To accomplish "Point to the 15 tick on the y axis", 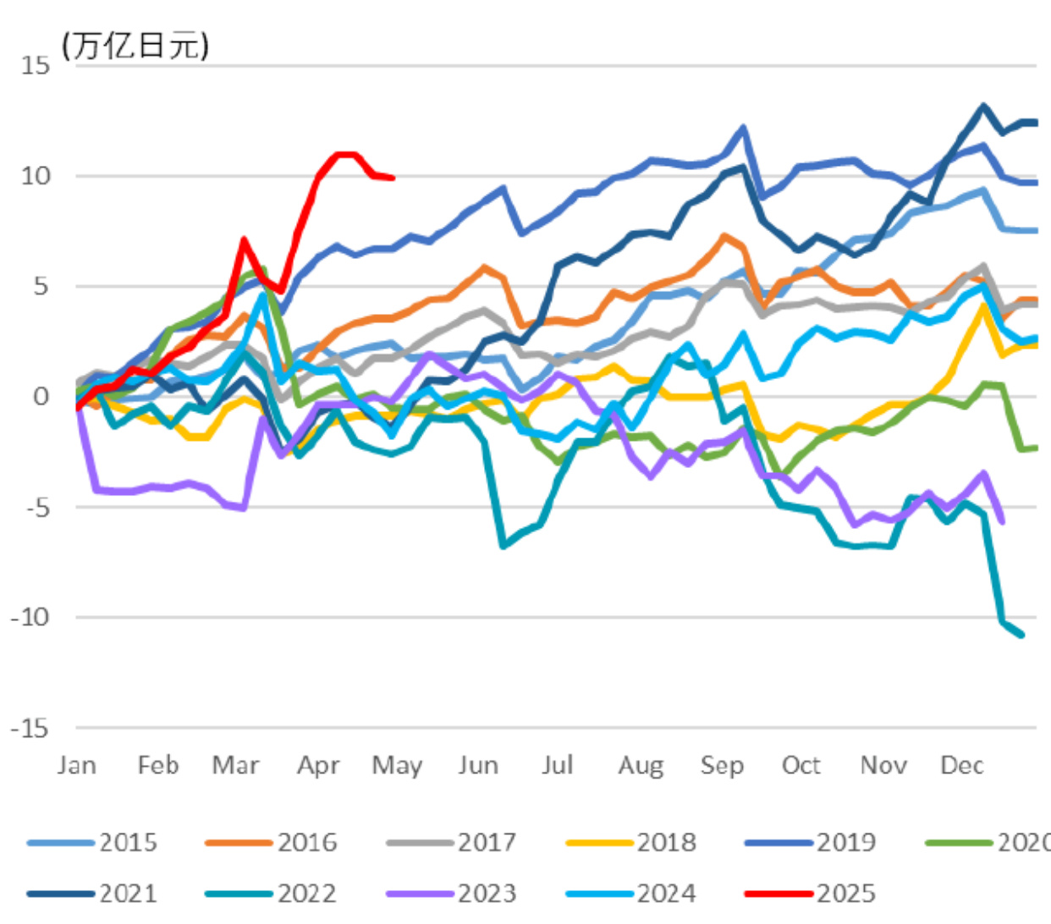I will coord(36,65).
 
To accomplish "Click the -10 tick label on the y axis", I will coord(30,617).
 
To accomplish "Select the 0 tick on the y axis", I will coord(41,396).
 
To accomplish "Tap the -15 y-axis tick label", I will coord(30,728).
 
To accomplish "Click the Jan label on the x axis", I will coord(76,765).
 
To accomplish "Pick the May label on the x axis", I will coord(397,765).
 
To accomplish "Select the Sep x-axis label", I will coord(722,765).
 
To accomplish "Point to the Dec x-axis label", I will coord(962,765).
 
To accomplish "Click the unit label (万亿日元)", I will coord(135,45).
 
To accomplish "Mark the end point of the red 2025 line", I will coord(393,178).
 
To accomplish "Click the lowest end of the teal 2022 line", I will coord(1022,635).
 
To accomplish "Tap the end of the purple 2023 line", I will coord(1003,522).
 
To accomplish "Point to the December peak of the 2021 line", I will coord(983,106).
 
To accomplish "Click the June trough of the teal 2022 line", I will coord(503,546).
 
